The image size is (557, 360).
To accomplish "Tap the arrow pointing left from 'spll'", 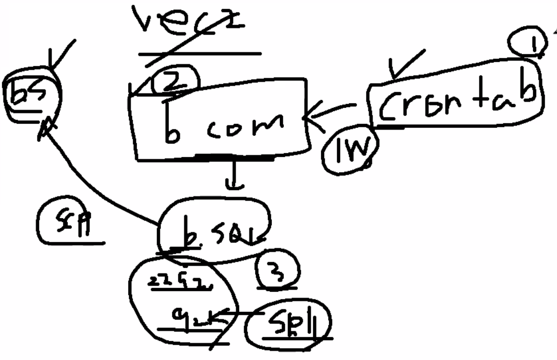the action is (239, 313).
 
